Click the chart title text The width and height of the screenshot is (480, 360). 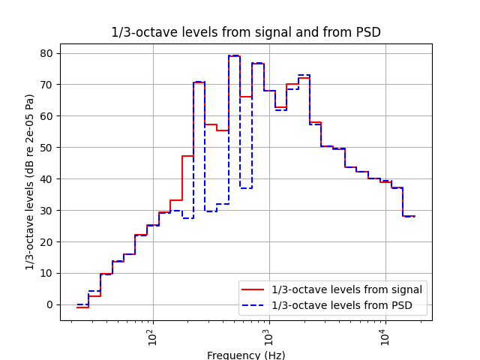[x=246, y=32]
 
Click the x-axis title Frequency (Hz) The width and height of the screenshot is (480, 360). [x=246, y=355]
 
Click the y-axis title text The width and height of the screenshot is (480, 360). [x=30, y=181]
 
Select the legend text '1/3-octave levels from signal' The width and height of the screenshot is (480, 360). [x=346, y=290]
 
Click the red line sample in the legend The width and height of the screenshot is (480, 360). [x=253, y=290]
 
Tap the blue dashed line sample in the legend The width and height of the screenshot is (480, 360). [x=253, y=304]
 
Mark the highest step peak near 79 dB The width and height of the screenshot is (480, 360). [x=234, y=55]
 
